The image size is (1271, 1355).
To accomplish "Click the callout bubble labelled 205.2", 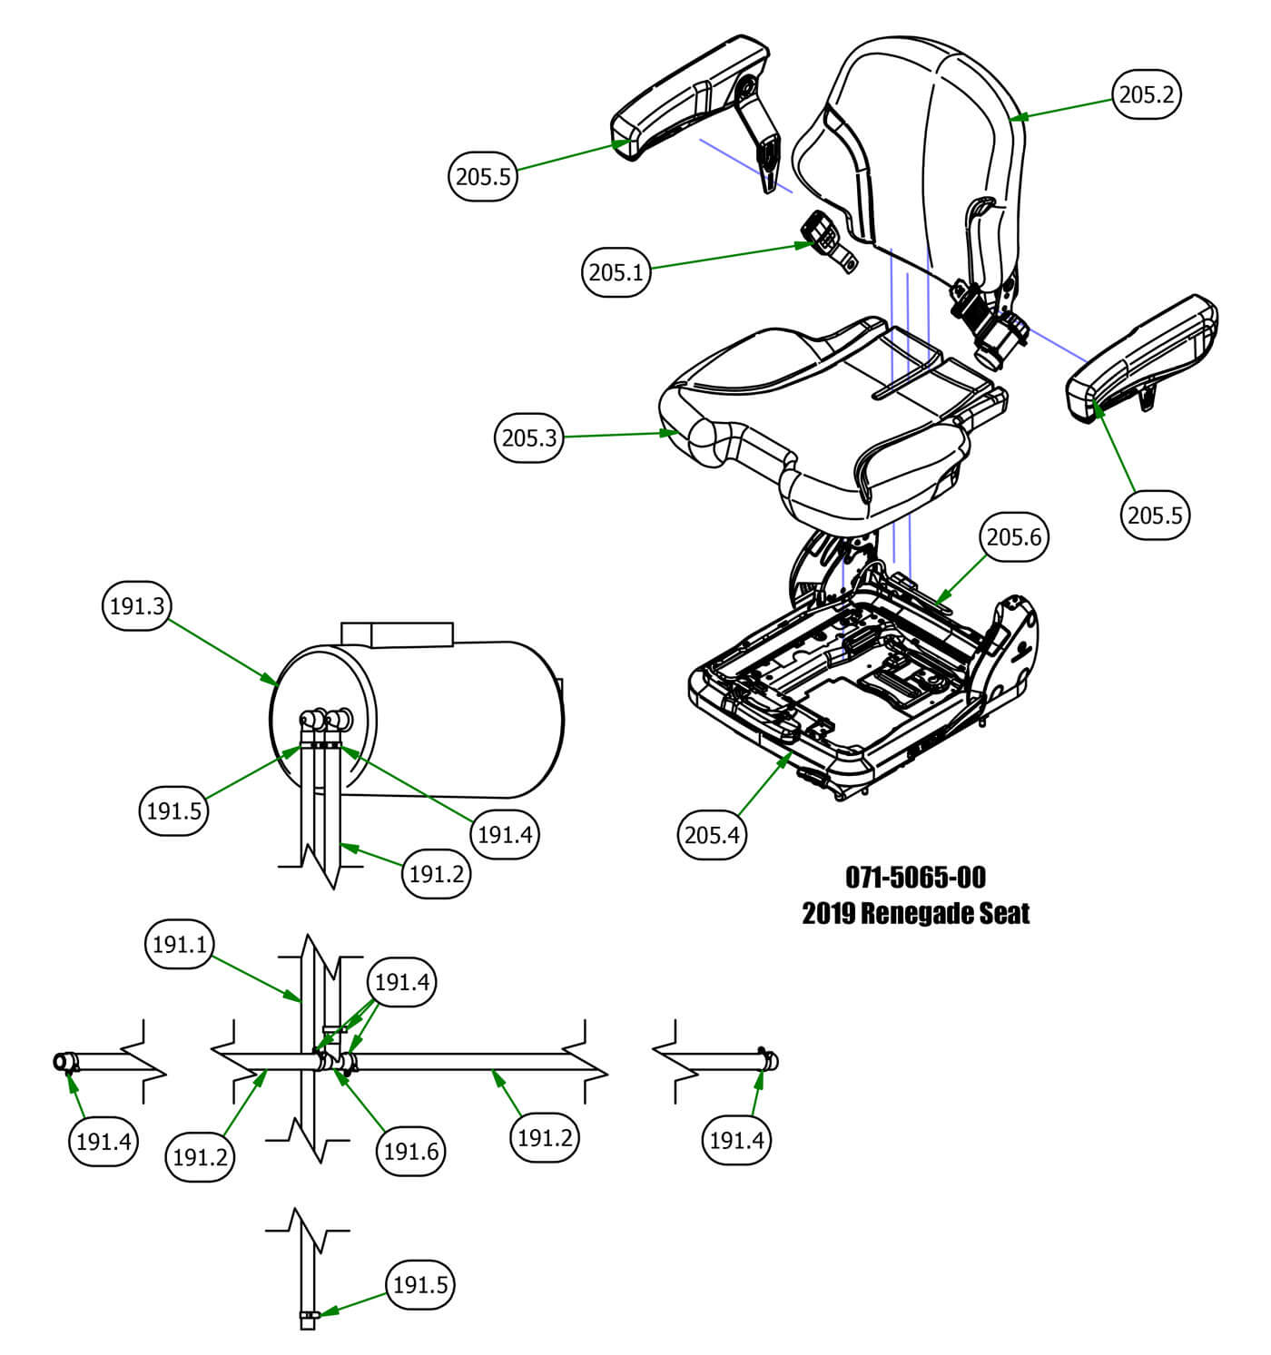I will tap(1146, 94).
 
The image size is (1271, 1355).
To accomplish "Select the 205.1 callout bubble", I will tap(616, 271).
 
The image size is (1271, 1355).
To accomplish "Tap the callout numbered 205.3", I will tap(529, 438).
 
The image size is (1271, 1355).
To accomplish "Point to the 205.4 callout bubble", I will tap(712, 834).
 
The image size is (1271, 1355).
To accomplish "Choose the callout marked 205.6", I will tap(1013, 537).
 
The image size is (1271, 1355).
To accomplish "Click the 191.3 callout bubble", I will tap(136, 605).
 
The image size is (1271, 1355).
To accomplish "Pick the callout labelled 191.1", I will tap(179, 945).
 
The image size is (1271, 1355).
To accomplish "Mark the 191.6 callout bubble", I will tap(411, 1151).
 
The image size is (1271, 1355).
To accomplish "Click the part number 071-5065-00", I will tap(915, 877).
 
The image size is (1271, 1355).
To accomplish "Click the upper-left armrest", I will tap(690, 100).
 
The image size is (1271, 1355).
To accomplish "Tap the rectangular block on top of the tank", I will tap(397, 633).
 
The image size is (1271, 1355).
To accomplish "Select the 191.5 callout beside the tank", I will tap(173, 810).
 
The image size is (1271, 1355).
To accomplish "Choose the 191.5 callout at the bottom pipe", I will tap(419, 1284).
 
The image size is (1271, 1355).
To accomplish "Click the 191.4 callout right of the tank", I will tap(505, 833).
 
